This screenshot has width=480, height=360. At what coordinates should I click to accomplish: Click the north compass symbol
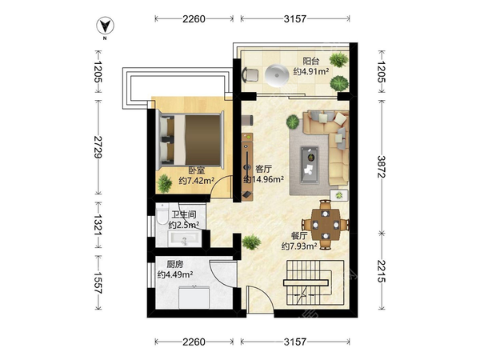point(105,26)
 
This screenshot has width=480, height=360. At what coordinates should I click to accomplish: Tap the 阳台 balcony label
point(310,61)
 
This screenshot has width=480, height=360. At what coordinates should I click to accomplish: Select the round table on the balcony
point(277,75)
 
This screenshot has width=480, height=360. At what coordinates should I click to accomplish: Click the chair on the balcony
point(250,75)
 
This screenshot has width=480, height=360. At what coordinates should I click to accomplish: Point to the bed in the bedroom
point(190,140)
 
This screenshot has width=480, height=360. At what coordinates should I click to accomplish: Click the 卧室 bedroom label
point(196,170)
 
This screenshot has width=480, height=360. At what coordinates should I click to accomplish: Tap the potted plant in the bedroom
point(164,183)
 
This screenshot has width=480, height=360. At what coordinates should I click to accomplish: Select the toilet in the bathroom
point(162,214)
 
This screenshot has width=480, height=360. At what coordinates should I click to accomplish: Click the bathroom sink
point(184,238)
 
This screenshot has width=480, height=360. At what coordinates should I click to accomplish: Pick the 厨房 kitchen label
point(174,264)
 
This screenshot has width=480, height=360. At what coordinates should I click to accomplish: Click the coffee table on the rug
point(310,165)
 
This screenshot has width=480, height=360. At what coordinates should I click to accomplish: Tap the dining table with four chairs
point(325,225)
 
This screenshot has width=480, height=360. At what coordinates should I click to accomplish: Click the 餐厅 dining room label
point(299,236)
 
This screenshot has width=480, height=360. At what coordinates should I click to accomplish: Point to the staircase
point(315,282)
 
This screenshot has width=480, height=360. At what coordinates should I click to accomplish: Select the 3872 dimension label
point(381,166)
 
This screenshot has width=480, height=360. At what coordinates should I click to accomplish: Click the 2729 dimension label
point(98,147)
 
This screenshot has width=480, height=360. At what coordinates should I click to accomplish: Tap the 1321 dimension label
point(98,225)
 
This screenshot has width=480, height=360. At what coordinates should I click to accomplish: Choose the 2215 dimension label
point(381,271)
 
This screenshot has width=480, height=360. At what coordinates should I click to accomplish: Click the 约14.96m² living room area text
point(263,179)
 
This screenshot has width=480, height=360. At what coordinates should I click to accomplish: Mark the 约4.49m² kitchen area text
point(174,274)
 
